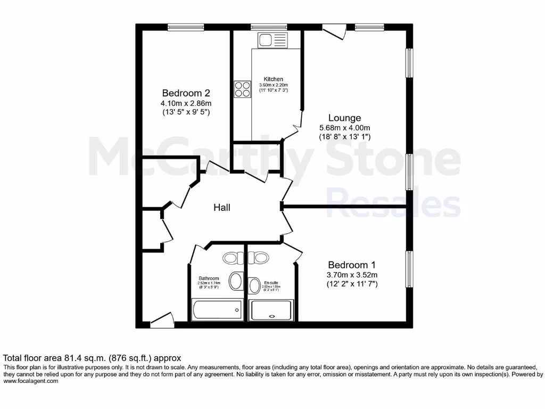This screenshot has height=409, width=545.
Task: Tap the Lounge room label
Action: tap(344, 118)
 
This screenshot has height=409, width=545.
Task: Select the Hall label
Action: tap(222, 208)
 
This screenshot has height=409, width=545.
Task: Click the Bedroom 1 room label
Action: tap(352, 265)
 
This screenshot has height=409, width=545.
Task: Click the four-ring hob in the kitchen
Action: tap(242, 89)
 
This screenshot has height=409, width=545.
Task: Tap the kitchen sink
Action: tap(272, 39)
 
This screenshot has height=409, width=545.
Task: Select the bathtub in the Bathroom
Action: tap(217, 310)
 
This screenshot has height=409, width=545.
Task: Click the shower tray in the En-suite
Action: tap(271, 310)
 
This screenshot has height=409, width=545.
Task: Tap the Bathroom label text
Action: tap(209, 279)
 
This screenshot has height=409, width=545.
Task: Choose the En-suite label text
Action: tap(271, 283)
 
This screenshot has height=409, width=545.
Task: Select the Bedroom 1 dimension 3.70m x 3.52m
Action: tap(352, 275)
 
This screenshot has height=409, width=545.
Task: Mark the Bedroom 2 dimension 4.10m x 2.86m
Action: tap(186, 103)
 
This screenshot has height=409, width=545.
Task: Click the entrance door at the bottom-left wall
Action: tap(161, 319)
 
